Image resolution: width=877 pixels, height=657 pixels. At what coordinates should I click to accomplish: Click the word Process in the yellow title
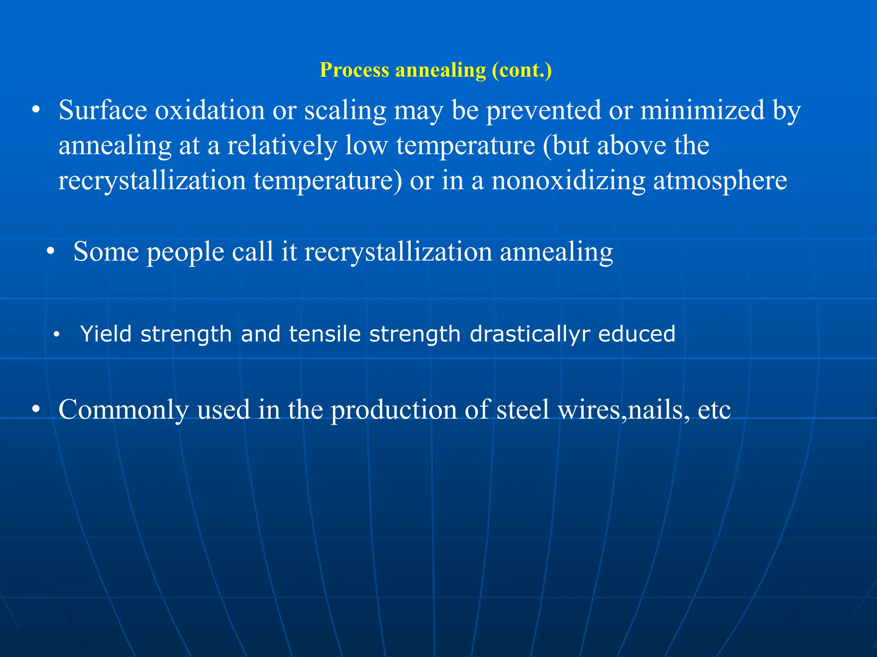point(354,70)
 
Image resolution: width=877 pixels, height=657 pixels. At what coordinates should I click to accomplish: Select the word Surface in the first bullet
point(103,110)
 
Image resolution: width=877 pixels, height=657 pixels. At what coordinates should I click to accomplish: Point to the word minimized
point(702,110)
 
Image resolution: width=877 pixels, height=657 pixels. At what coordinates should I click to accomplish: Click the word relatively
point(282,146)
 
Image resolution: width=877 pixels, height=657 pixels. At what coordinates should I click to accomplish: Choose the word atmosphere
point(720,181)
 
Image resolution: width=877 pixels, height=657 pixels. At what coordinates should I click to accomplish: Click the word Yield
point(106,334)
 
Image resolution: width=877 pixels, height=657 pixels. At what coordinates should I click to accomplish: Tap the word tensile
point(325,334)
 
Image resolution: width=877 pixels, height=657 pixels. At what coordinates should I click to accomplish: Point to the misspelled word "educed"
point(637,334)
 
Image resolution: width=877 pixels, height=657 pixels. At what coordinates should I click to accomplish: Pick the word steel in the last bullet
point(523,410)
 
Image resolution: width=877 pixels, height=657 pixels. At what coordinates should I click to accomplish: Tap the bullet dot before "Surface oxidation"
point(36,111)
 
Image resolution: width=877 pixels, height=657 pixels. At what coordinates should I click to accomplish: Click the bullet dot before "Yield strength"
point(57,334)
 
